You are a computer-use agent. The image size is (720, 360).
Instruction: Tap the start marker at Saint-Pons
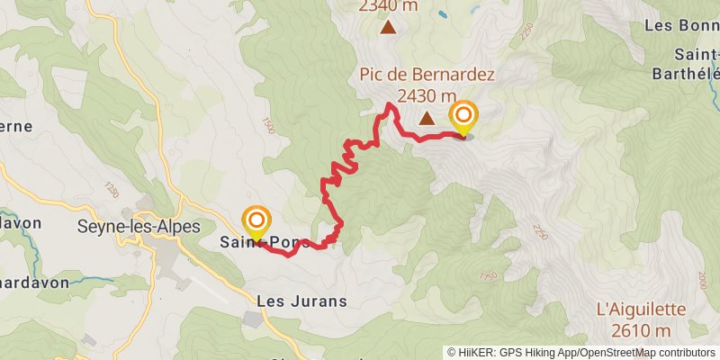coord(256,220)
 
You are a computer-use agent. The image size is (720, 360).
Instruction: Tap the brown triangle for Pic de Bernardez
coord(426,117)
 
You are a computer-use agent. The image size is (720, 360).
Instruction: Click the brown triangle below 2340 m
coord(388,27)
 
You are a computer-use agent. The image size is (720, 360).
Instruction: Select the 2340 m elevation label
coord(388,6)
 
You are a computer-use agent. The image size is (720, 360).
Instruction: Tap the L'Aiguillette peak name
coord(641,310)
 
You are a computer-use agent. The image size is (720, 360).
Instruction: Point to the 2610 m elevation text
coord(641,331)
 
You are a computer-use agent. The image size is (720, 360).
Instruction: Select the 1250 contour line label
coord(111,190)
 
